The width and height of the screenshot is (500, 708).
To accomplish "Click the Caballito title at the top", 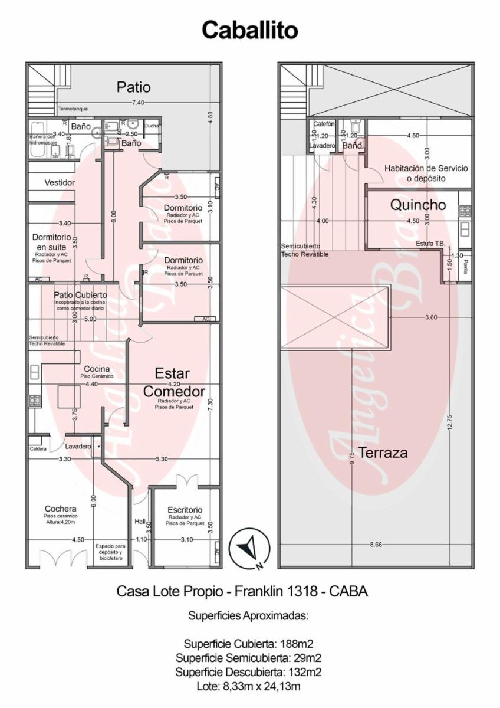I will pyautogui.click(x=250, y=29).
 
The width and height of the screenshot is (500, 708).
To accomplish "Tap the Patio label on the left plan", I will pyautogui.click(x=133, y=87).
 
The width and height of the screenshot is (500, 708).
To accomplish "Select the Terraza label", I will pyautogui.click(x=383, y=453).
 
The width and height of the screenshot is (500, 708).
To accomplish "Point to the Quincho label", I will pyautogui.click(x=417, y=205).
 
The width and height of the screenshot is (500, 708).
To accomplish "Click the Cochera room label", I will pyautogui.click(x=60, y=509).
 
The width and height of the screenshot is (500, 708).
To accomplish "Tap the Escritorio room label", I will pyautogui.click(x=185, y=510).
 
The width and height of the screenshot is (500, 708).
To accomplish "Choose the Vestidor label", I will pyautogui.click(x=60, y=183).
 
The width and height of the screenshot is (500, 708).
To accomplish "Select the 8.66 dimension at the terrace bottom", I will pyautogui.click(x=376, y=544).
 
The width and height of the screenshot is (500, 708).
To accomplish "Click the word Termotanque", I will pyautogui.click(x=73, y=110).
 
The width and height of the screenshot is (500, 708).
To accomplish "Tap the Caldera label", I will pyautogui.click(x=38, y=448).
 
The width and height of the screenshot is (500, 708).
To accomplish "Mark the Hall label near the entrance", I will pyautogui.click(x=140, y=522).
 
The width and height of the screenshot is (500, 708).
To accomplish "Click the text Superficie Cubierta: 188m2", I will pyautogui.click(x=252, y=644).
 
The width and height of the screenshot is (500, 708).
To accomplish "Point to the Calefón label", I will pyautogui.click(x=324, y=124).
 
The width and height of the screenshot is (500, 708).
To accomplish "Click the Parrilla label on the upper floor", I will pyautogui.click(x=465, y=263).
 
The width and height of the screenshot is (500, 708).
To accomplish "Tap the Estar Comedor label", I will pyautogui.click(x=173, y=382).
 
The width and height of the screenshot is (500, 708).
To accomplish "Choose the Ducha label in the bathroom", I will pyautogui.click(x=152, y=126).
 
